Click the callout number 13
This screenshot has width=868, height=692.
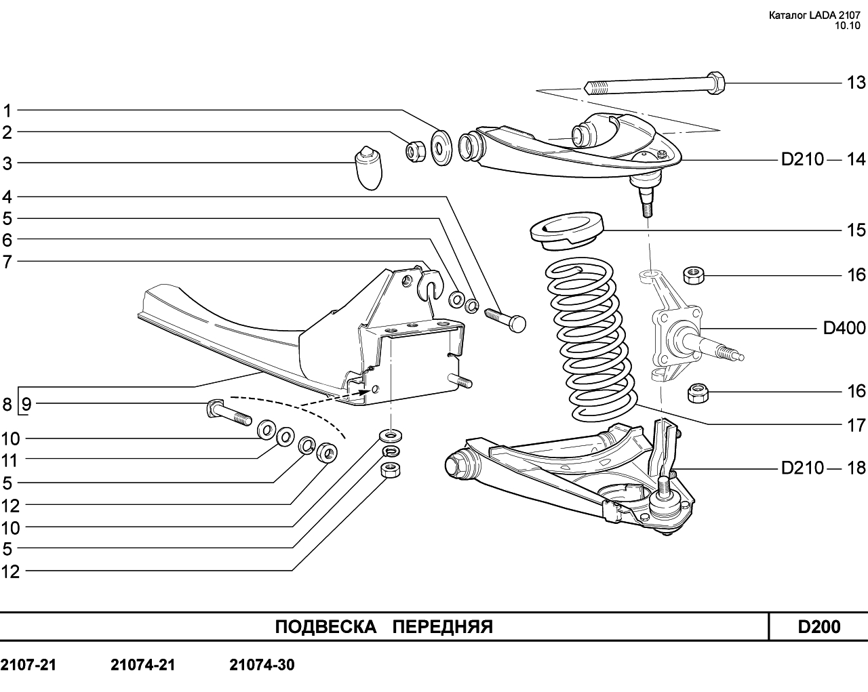(x=856, y=83)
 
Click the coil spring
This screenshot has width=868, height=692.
(x=590, y=339)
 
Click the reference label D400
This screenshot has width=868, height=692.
(x=844, y=329)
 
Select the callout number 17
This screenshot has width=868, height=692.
(x=856, y=426)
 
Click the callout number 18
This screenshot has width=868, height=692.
(x=856, y=468)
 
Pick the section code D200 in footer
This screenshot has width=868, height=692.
(x=818, y=627)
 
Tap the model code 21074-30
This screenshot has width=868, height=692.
(x=262, y=665)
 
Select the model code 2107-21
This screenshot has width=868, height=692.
(x=28, y=665)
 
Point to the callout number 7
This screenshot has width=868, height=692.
(x=7, y=261)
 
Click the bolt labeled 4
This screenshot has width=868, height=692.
(x=506, y=319)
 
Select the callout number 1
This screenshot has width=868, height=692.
(x=7, y=110)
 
